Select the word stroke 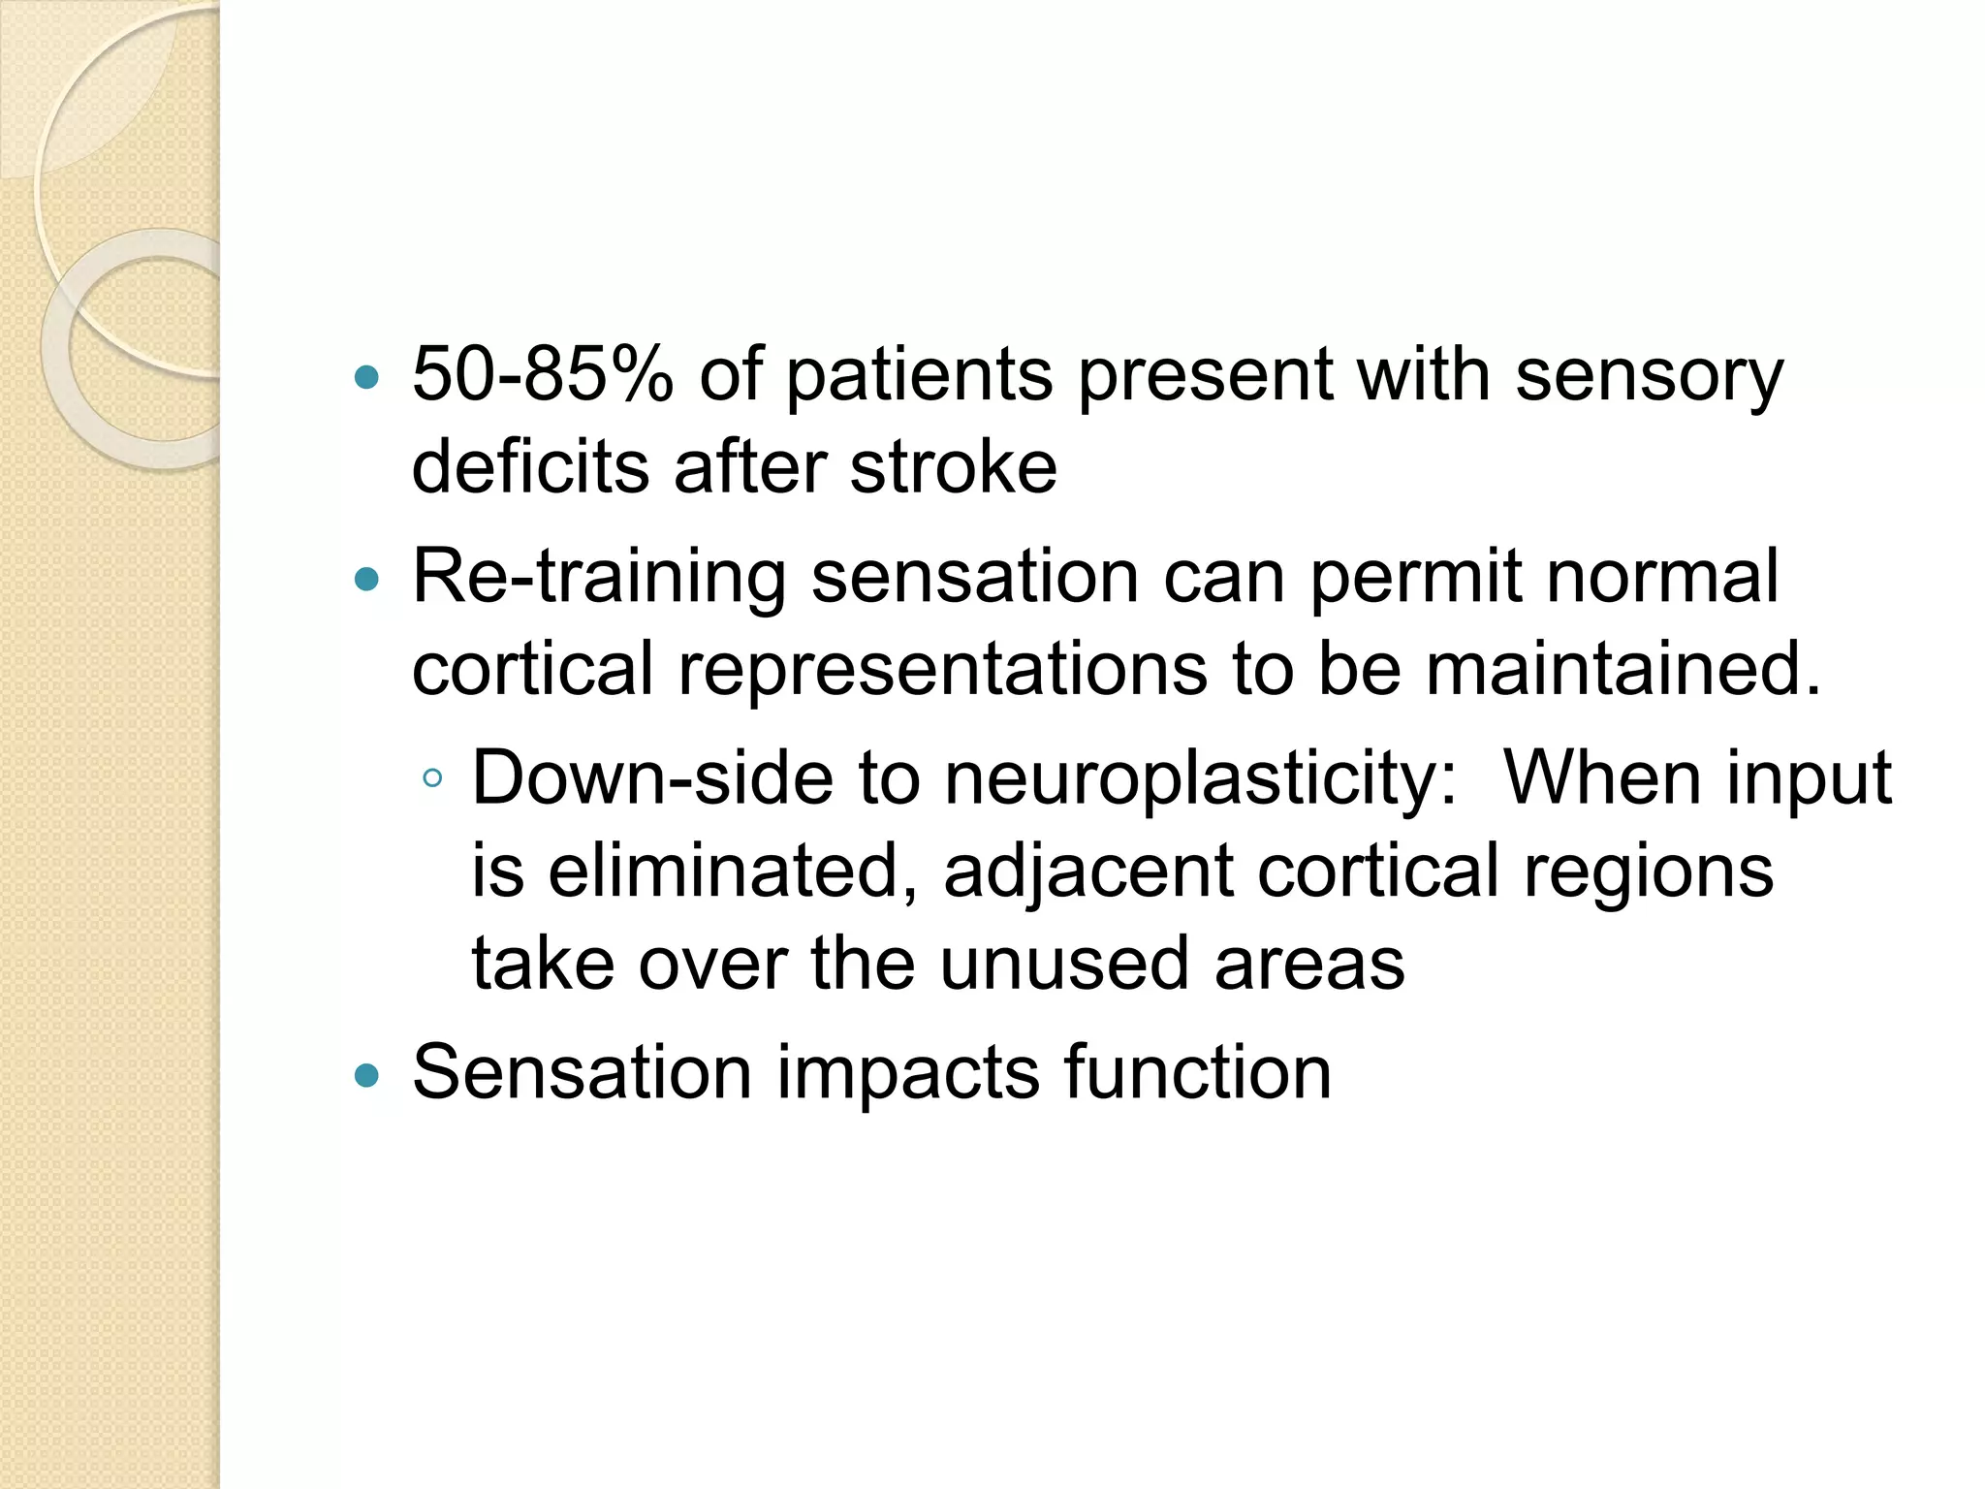point(953,467)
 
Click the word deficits point(529,467)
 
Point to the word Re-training point(598,578)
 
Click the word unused point(1063,964)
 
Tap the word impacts point(907,1074)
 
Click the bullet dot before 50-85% point(367,377)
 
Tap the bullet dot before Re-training point(367,580)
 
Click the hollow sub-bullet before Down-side point(432,777)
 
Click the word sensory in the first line point(1648,378)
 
